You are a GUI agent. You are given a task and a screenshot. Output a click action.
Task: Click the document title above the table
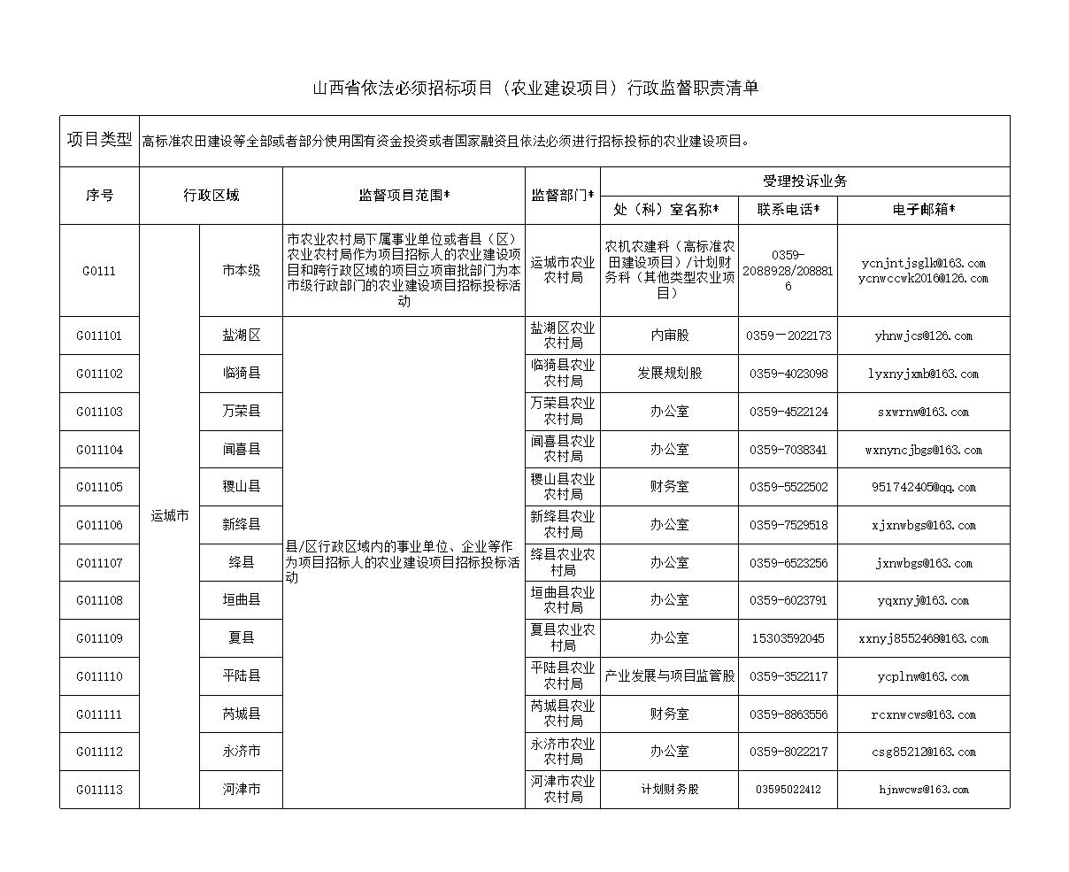[x=535, y=88]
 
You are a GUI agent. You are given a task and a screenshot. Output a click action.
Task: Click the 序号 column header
[x=99, y=196]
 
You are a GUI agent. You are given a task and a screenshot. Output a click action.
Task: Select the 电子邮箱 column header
[x=923, y=210]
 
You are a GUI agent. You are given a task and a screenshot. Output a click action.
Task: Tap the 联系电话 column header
[x=788, y=210]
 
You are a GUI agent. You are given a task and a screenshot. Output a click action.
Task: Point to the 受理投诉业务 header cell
[x=804, y=181]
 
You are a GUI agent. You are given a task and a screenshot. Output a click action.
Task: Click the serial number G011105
[x=99, y=487]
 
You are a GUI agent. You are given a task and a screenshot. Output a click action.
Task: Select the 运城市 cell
[x=169, y=516]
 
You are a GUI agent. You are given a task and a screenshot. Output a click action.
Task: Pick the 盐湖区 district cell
[x=241, y=336]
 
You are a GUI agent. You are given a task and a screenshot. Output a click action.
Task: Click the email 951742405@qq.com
[x=923, y=487]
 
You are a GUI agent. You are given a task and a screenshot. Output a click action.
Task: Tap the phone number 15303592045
[x=788, y=638]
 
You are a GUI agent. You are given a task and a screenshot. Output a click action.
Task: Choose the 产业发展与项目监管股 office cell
[x=669, y=676]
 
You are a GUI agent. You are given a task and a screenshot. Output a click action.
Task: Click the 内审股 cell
[x=669, y=336]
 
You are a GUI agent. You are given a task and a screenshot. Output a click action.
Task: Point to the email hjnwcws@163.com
[x=923, y=790]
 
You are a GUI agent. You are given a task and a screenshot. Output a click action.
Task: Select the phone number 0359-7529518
[x=788, y=525]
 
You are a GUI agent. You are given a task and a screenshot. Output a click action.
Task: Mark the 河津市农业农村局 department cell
[x=563, y=790]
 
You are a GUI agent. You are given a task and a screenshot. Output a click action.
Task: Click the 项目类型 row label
[x=99, y=140]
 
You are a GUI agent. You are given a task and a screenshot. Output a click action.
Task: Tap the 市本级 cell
[x=241, y=271]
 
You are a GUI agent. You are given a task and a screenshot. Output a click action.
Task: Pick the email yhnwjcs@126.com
[x=923, y=336]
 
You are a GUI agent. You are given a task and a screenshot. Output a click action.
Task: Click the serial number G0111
[x=99, y=271]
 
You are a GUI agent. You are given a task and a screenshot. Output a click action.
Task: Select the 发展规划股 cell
[x=669, y=374]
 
